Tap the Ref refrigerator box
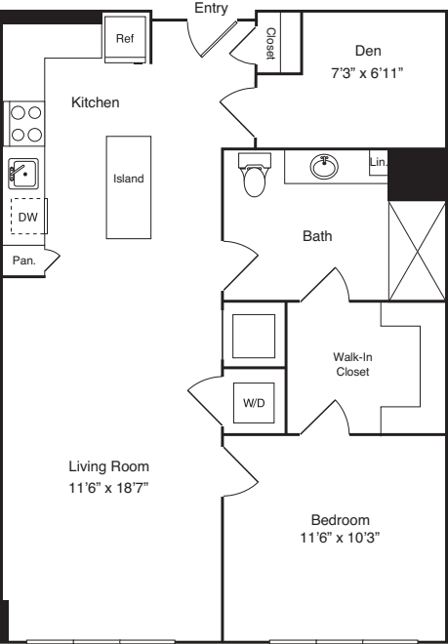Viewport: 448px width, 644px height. point(125,39)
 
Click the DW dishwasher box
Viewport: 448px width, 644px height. point(27,217)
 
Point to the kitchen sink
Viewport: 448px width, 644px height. point(21,174)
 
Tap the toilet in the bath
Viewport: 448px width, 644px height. point(254,176)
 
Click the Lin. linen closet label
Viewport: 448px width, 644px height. point(379,161)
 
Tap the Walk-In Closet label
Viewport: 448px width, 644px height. point(352,364)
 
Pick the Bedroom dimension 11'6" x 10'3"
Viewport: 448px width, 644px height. point(339,537)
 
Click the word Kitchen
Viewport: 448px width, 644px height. point(96,101)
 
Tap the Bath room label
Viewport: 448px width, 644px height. point(316,236)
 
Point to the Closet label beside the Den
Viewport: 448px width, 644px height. point(270,43)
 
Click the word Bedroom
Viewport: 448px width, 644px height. point(341,519)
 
